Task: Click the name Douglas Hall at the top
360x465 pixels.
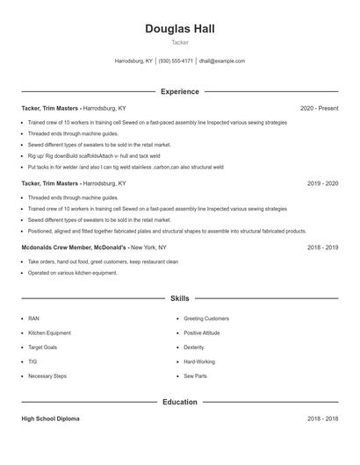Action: [180, 29]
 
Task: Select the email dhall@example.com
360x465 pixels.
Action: [222, 61]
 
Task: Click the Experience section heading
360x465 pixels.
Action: [180, 91]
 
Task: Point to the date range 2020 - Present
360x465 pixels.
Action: [319, 108]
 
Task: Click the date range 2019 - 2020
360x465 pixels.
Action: [322, 184]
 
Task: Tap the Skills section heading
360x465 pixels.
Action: [180, 299]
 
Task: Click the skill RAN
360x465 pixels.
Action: [33, 318]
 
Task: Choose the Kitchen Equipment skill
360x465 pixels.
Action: [49, 333]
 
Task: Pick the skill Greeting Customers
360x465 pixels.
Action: [206, 318]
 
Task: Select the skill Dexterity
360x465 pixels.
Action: [194, 347]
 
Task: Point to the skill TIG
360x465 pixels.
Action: [32, 361]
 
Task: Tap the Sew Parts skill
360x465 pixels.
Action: [196, 376]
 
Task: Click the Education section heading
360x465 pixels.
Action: [180, 402]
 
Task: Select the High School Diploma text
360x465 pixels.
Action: [50, 418]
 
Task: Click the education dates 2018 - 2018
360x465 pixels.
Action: [322, 418]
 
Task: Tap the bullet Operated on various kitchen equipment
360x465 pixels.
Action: [72, 273]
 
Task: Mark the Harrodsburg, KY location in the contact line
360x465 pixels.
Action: [133, 61]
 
